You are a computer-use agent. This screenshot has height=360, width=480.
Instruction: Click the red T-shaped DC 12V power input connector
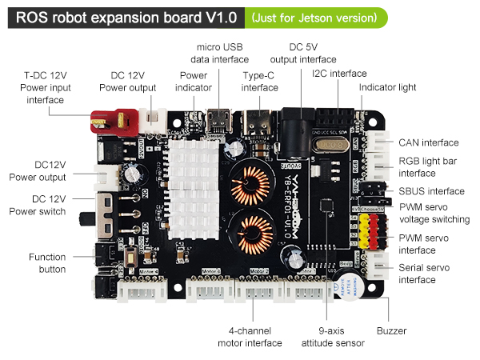point(112,120)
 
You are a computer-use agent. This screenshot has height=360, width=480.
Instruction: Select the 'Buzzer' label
point(391,330)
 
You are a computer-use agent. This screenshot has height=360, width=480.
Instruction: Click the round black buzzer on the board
point(349,286)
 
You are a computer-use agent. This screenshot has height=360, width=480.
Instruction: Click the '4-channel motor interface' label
point(250,337)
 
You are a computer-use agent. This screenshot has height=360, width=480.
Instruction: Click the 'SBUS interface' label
point(431,191)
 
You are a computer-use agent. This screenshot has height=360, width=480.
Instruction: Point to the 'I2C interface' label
point(339,74)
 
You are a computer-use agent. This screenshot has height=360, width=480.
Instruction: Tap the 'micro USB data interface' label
point(220,54)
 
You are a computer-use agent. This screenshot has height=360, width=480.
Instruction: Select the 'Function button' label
point(47,263)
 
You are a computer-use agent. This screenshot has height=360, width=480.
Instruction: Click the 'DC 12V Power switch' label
point(38,205)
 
